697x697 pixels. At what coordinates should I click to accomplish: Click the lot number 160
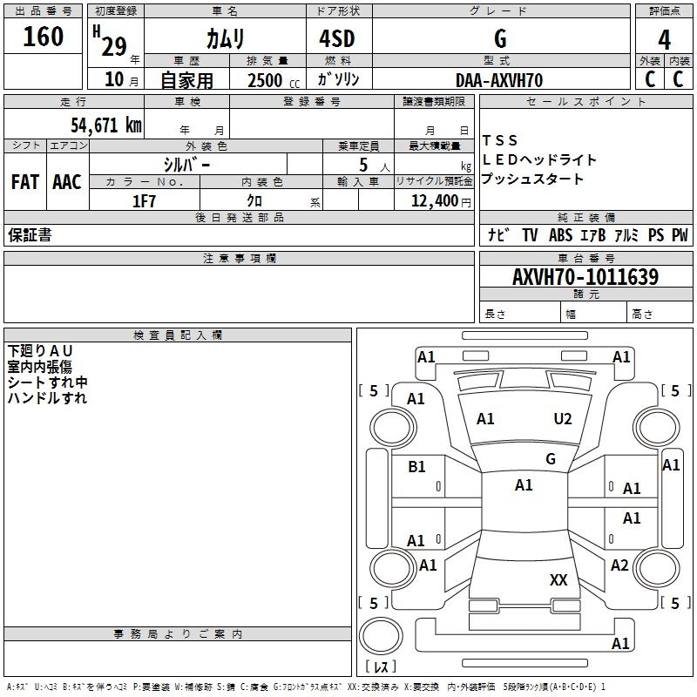(44, 37)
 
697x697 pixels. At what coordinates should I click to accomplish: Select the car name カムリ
(225, 37)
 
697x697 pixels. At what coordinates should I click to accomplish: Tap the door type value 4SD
(338, 37)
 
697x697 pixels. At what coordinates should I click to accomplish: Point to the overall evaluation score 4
(665, 40)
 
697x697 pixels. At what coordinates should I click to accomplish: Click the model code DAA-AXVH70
(499, 80)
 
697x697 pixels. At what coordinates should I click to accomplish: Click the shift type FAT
(25, 182)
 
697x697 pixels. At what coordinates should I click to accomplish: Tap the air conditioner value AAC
(66, 182)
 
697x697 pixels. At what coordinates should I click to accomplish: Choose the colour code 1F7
(144, 200)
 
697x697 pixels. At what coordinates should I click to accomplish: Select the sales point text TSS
(500, 140)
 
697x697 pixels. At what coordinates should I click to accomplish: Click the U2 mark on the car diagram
(563, 419)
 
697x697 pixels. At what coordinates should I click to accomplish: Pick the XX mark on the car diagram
(558, 579)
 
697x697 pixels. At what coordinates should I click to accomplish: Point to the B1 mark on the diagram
(416, 467)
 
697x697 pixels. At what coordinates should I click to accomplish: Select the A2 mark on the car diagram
(619, 565)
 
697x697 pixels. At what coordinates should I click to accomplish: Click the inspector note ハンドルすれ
(47, 398)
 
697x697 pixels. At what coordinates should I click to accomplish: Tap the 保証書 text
(30, 235)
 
